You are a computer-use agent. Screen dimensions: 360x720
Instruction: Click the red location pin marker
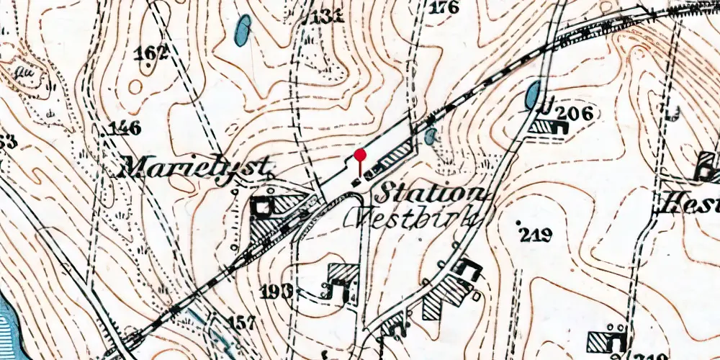(360, 156)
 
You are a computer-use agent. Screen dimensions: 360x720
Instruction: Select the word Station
(431, 193)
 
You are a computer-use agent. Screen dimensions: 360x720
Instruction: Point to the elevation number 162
(151, 52)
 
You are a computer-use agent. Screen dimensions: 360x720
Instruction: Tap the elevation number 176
(444, 9)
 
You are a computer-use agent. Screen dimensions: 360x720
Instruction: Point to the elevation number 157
(241, 321)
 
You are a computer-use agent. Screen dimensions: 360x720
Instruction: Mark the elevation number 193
(277, 291)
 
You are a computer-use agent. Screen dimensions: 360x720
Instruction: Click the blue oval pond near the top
(243, 30)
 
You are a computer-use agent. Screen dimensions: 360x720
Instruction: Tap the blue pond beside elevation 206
(533, 95)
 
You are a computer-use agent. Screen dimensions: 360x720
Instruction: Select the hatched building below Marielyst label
(271, 216)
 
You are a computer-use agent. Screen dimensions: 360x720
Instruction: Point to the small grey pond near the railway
(431, 135)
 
